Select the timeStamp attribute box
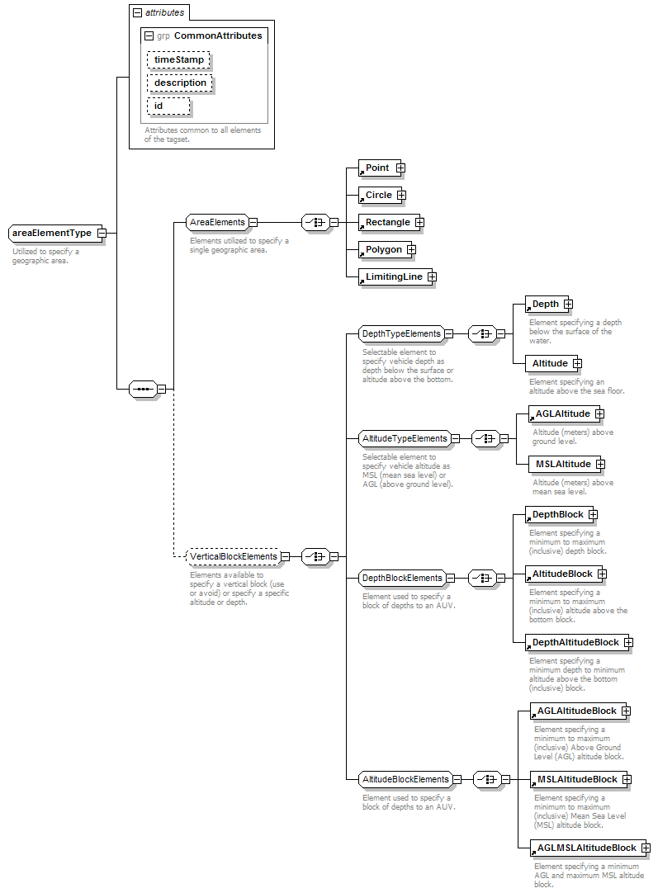tap(178, 59)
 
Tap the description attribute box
tap(179, 83)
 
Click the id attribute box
tap(168, 106)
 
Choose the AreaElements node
tap(218, 222)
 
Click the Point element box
tap(377, 168)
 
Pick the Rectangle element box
tap(389, 222)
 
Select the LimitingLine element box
tap(395, 276)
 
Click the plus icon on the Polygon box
tap(411, 249)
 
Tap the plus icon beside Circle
tap(401, 196)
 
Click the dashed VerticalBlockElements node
tap(234, 556)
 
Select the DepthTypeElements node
tap(401, 333)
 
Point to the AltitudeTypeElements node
tap(405, 438)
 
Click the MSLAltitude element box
tap(563, 464)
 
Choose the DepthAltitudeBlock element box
tap(576, 642)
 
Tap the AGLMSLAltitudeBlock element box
tap(587, 848)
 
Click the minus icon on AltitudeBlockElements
tap(457, 779)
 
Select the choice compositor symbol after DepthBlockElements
tap(482, 578)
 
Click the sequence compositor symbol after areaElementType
tap(144, 390)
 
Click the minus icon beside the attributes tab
tap(137, 12)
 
